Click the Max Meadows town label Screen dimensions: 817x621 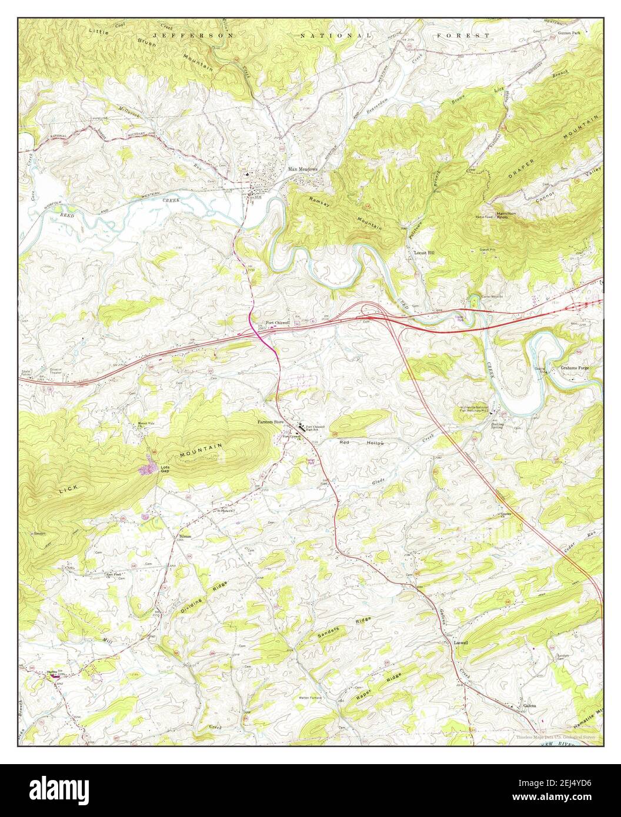[302, 169]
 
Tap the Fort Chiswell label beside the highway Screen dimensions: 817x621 [278, 323]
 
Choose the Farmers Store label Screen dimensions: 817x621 [270, 422]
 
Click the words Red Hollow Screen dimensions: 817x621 [361, 443]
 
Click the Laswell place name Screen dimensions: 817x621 [461, 643]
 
